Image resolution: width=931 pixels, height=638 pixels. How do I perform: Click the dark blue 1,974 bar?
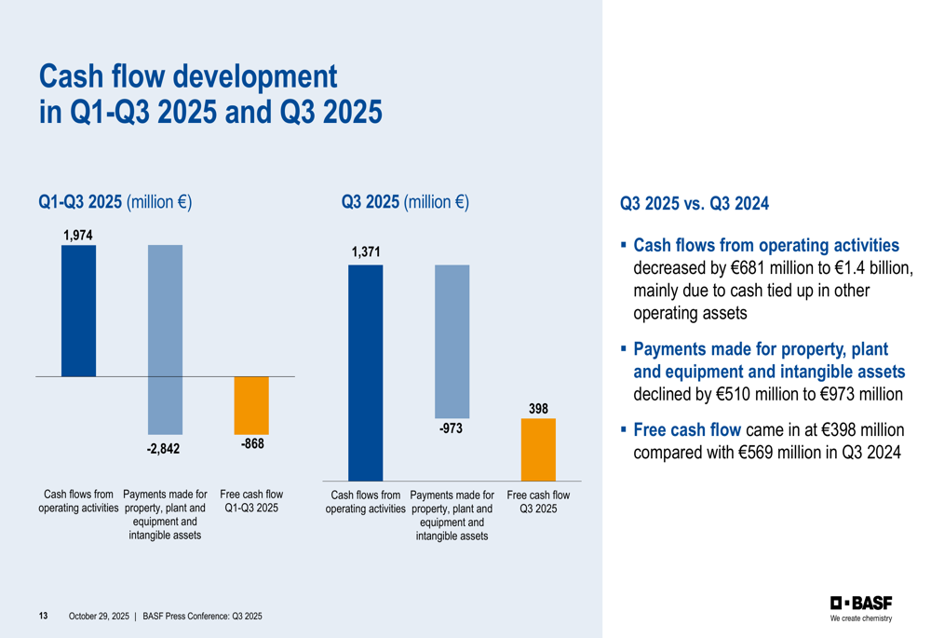78,310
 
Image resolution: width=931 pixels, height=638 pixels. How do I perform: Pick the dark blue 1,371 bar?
365,373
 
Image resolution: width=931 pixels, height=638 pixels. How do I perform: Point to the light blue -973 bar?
452,341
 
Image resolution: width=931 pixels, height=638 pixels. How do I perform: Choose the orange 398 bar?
538,449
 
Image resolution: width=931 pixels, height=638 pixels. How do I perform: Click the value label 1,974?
78,236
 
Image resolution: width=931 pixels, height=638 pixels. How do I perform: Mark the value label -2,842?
163,449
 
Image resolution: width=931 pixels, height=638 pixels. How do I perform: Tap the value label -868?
252,444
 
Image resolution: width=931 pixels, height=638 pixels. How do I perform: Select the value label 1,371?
366,252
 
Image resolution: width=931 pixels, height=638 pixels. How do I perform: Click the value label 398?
538,408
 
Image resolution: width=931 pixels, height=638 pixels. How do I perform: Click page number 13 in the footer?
43,617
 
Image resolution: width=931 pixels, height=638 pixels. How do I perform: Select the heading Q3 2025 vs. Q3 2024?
694,203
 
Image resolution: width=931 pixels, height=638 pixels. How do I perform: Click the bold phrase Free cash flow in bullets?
687,430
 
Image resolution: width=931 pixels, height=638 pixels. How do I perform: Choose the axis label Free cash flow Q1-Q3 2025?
251,501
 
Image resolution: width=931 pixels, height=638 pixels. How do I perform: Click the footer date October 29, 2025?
99,617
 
